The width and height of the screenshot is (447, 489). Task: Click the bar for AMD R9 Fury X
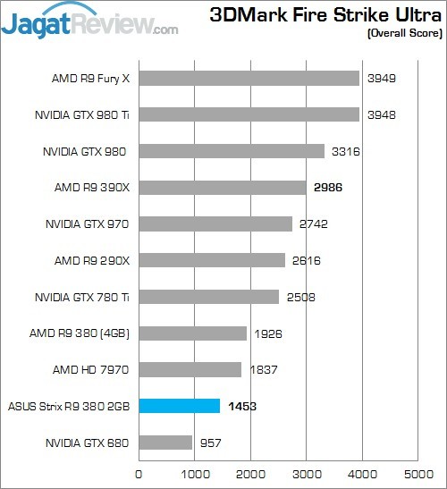tap(249, 79)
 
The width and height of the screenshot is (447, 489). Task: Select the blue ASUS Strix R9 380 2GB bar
tap(179, 406)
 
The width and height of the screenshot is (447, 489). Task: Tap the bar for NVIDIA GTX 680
tap(165, 443)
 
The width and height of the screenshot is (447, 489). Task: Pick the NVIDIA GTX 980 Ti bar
tap(249, 114)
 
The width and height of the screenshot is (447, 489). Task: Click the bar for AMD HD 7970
tap(190, 369)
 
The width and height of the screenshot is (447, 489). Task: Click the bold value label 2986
tap(328, 188)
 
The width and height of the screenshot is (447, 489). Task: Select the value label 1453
tap(242, 406)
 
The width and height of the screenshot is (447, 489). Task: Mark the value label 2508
tap(301, 297)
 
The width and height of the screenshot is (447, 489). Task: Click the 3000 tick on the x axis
tap(306, 474)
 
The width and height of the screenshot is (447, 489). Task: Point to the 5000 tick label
tap(417, 474)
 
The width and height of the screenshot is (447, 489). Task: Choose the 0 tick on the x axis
tap(139, 474)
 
